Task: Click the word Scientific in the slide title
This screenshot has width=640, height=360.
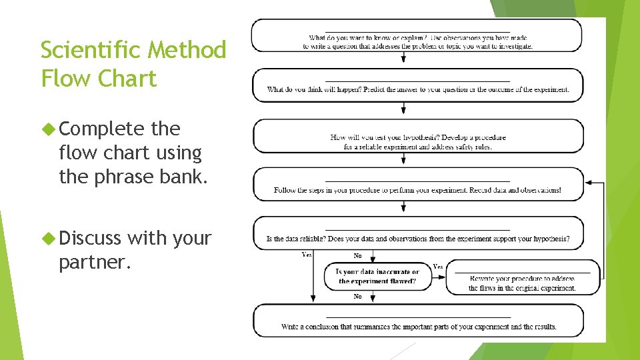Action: click(93, 50)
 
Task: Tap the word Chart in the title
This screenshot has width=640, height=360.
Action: click(126, 79)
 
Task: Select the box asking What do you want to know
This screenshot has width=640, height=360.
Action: click(417, 36)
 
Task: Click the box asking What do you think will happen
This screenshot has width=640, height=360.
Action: click(417, 85)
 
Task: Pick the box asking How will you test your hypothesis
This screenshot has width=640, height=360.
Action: click(418, 136)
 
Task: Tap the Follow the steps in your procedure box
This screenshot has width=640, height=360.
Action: click(418, 185)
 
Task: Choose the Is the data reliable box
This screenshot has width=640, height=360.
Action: click(418, 233)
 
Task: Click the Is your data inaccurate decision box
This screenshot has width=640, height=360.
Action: click(377, 277)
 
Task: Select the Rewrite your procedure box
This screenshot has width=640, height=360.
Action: click(522, 278)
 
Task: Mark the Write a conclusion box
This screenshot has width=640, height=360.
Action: click(418, 321)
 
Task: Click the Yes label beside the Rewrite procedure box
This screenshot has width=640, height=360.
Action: click(438, 267)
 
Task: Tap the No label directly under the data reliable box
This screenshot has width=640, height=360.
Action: click(358, 256)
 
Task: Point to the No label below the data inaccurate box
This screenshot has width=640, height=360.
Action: click(358, 297)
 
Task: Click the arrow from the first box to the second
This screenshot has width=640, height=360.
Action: click(403, 59)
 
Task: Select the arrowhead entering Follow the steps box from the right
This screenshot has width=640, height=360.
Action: click(588, 183)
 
